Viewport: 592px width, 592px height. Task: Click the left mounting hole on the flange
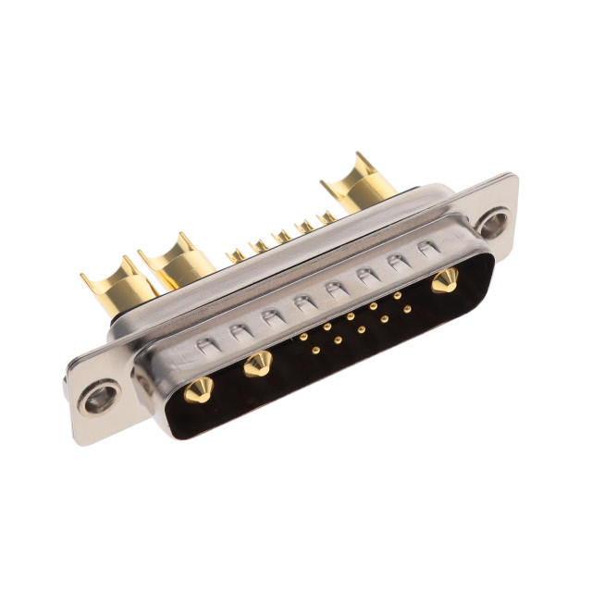(x=98, y=400)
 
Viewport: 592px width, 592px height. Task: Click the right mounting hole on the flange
(x=495, y=222)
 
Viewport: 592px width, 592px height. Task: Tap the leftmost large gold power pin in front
(x=198, y=390)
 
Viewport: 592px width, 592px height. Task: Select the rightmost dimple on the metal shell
(x=427, y=248)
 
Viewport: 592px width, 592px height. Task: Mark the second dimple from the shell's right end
(x=398, y=262)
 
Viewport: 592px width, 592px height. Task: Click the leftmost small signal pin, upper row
(x=303, y=338)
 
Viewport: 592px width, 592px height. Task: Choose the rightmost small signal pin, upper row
(x=397, y=295)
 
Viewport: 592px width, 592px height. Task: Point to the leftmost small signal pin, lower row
(x=315, y=351)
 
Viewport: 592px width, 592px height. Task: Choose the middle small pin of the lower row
(x=361, y=330)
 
